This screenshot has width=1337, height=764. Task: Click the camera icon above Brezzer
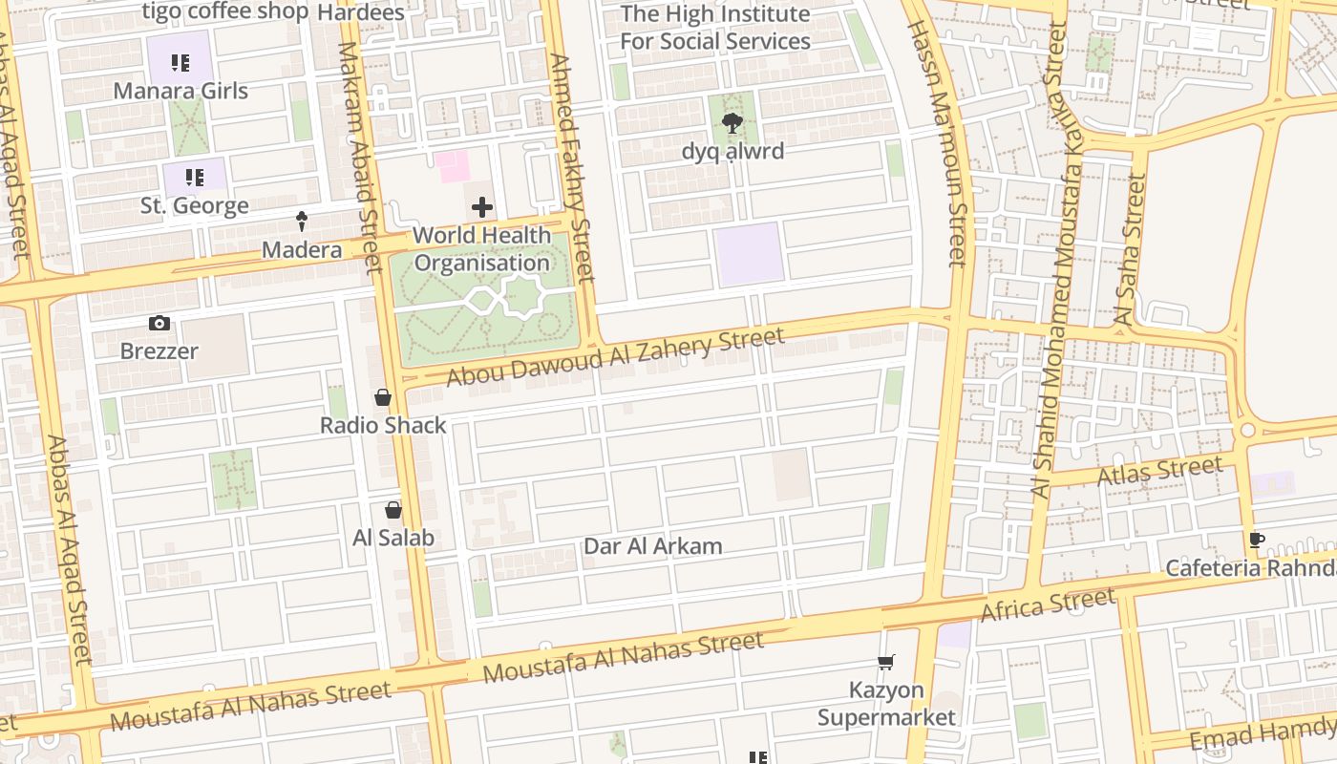(159, 324)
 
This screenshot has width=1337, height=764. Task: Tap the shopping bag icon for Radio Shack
(383, 397)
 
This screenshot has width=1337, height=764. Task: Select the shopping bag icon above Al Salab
(393, 510)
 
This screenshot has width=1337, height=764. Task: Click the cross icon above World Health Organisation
(482, 207)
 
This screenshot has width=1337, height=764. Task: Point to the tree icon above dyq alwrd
(732, 123)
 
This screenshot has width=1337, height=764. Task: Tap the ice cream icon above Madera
(302, 222)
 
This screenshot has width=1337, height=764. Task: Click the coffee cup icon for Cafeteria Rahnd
(1257, 541)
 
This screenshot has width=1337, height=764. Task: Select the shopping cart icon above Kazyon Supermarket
(886, 662)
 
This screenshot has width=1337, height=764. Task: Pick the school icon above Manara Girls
(180, 63)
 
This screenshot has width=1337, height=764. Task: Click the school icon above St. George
(195, 178)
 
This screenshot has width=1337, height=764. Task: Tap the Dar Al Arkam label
(652, 546)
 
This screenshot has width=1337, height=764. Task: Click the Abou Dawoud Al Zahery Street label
(615, 357)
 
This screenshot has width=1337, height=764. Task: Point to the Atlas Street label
(1159, 471)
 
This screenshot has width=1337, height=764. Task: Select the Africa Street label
(1048, 605)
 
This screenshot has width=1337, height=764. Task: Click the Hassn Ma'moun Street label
(939, 143)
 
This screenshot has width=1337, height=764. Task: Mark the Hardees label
(360, 12)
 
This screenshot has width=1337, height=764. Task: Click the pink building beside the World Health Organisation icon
(452, 166)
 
